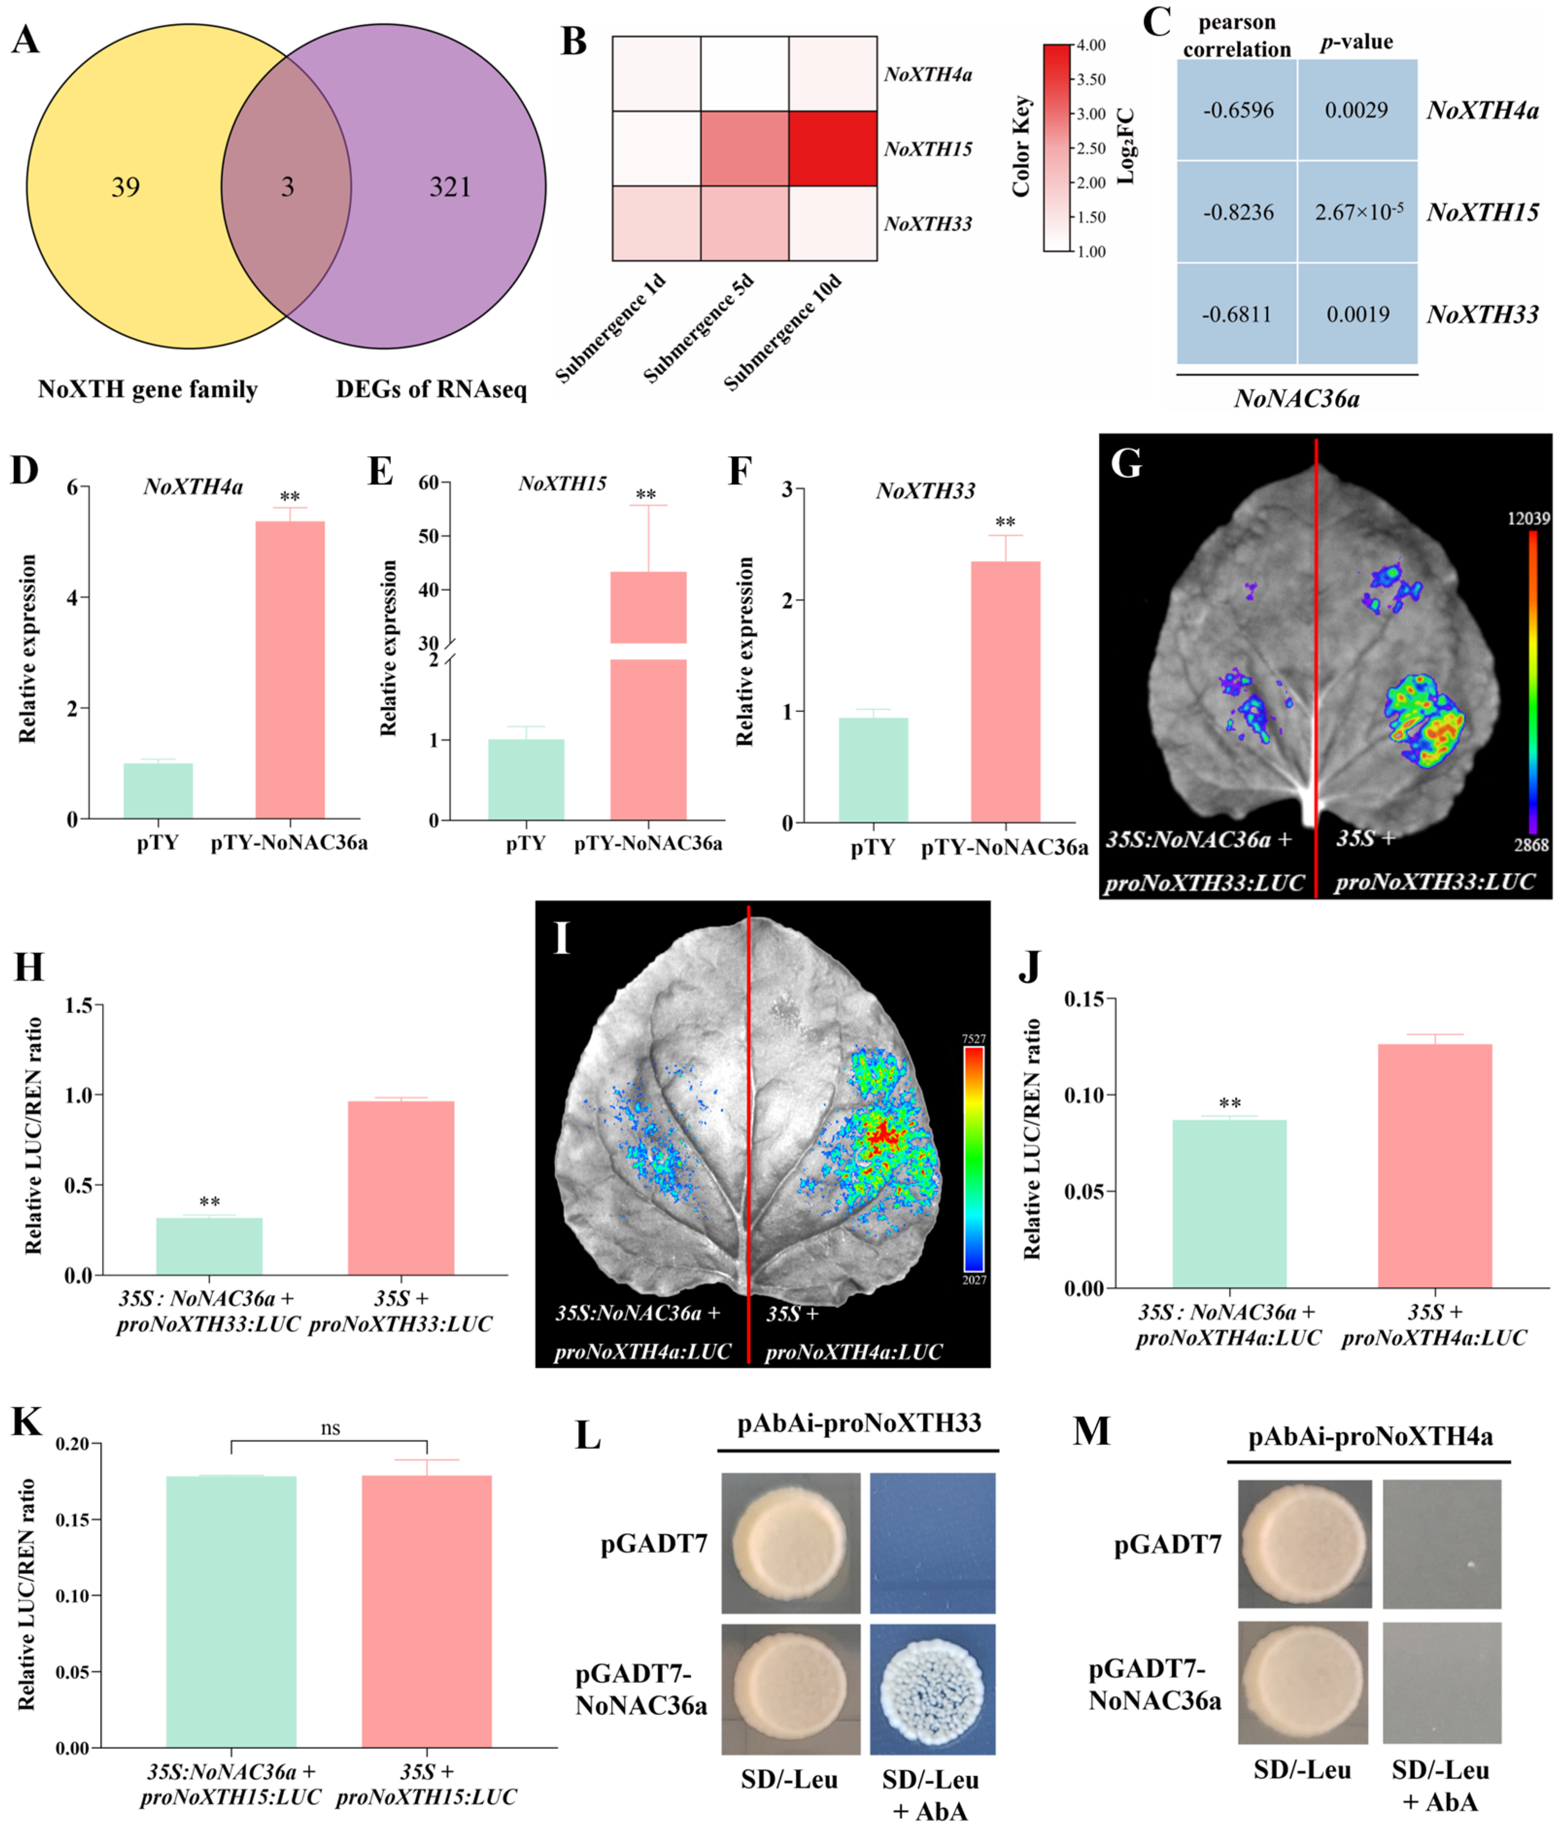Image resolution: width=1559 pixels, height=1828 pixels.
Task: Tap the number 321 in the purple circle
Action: click(450, 187)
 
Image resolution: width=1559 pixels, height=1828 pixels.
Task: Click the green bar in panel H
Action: click(209, 1246)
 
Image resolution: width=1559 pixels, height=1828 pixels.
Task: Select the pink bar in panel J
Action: click(1435, 1165)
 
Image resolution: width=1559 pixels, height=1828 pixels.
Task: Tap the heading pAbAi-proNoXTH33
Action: click(859, 1424)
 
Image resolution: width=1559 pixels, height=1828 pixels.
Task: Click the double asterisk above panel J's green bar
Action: click(1229, 1104)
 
